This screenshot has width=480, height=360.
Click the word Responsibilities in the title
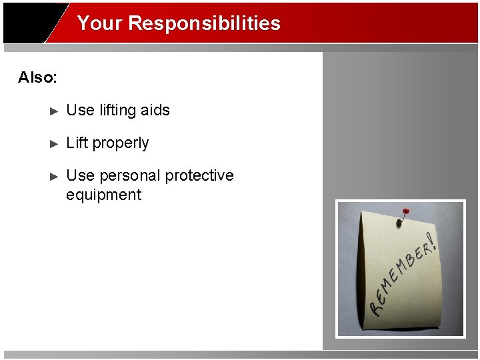(204, 23)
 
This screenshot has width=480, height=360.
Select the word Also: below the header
(38, 77)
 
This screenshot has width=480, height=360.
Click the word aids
(155, 110)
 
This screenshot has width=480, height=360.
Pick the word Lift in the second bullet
(77, 143)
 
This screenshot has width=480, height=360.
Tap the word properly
(121, 143)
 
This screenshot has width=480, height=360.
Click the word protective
(199, 175)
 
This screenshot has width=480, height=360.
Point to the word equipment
(103, 195)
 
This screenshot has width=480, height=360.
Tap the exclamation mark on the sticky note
(433, 242)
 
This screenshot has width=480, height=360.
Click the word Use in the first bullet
(81, 110)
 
